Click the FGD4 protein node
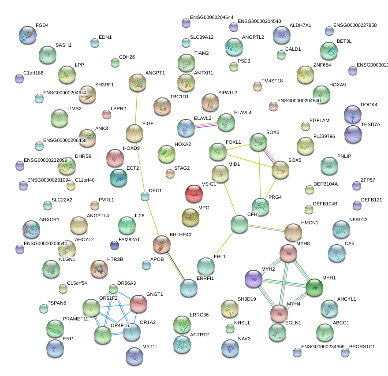pos(28,35)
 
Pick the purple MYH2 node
pos(254,279)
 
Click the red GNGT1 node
pos(138,303)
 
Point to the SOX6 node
pos(258,142)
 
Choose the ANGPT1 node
pos(138,82)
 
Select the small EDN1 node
pos(95,43)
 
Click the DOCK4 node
pos(352,114)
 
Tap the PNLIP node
pos(329,165)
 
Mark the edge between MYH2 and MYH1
pos(284,283)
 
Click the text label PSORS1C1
pos(362,346)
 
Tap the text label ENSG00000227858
pos(355,25)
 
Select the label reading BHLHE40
pos(181,235)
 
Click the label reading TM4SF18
pos(272,81)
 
